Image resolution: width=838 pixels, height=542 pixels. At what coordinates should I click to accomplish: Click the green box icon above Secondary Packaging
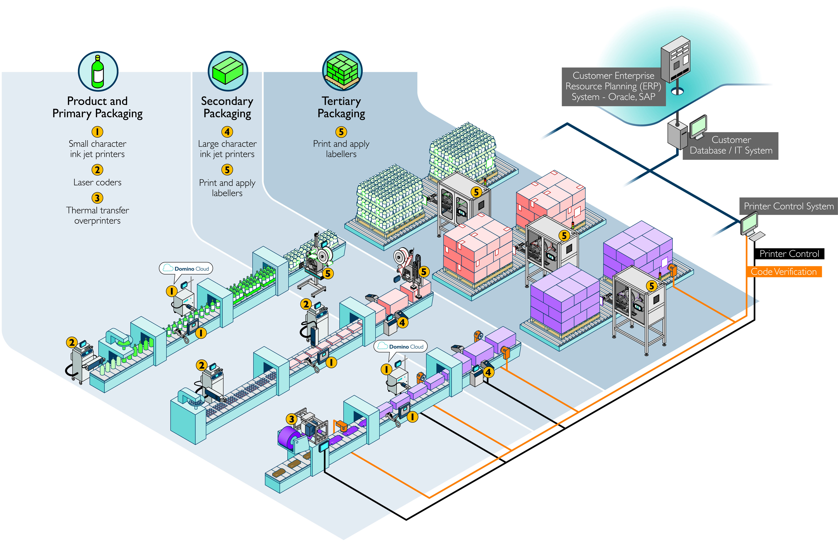228,71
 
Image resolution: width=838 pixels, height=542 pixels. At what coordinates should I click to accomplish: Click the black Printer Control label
789,254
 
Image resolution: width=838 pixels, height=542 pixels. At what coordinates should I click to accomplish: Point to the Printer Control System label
788,206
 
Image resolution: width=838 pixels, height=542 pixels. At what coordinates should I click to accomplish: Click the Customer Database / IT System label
731,145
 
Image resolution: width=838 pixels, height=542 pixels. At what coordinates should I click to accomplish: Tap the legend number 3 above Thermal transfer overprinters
97,198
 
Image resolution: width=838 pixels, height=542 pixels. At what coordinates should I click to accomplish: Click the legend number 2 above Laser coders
97,170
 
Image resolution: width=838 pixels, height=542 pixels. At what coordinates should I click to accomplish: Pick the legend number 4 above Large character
227,132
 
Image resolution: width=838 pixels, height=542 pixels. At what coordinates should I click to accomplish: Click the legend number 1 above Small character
97,132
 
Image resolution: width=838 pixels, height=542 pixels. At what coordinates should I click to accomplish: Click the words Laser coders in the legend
97,182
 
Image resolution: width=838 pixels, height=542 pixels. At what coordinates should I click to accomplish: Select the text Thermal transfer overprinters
97,215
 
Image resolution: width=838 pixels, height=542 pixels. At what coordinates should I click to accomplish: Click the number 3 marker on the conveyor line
291,419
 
